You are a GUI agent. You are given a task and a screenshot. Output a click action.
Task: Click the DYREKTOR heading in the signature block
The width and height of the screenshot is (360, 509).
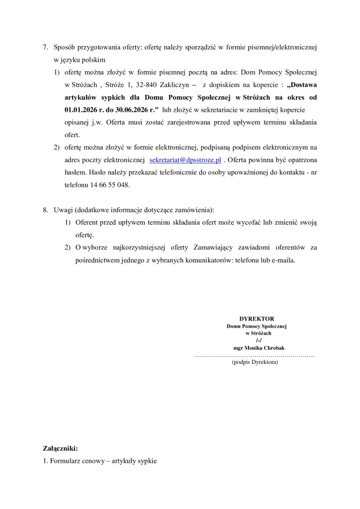(257, 318)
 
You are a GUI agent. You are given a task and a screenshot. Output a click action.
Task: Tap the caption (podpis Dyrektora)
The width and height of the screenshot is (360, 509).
(255, 362)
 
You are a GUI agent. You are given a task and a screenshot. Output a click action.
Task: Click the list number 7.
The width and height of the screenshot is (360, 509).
(45, 48)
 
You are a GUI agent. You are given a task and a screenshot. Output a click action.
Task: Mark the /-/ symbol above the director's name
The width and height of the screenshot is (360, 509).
(258, 340)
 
